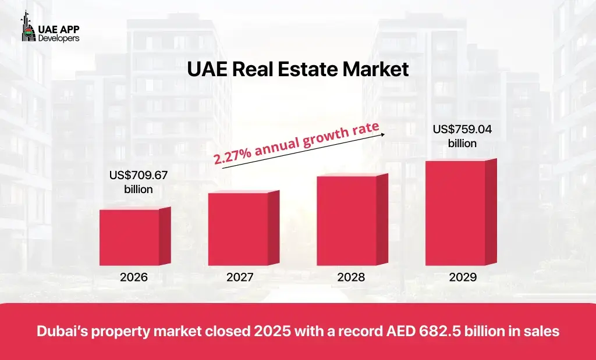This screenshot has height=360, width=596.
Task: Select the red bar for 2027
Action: coord(238,229)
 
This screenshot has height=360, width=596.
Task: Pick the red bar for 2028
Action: coord(347,220)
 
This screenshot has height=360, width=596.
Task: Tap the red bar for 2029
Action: coord(455,212)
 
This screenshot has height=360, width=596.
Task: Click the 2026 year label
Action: coord(134,277)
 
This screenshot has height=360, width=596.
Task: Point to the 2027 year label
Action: coord(240,277)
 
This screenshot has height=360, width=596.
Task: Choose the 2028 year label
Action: coord(351,277)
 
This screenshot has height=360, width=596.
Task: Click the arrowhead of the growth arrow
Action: coord(384,134)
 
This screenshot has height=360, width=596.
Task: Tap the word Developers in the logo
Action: coord(59,38)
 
